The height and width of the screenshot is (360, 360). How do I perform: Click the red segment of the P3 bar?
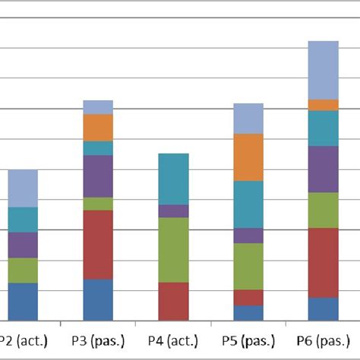tap(97, 245)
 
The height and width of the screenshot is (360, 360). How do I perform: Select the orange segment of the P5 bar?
tap(248, 157)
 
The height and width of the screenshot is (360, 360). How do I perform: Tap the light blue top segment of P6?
tap(323, 70)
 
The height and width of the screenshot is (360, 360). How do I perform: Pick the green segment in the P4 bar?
tap(172, 250)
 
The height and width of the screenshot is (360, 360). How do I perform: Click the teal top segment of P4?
tap(172, 178)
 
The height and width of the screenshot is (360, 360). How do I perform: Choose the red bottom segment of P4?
tap(172, 301)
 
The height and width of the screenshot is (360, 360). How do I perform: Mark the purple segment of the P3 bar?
tap(97, 176)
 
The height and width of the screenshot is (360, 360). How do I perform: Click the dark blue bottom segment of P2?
tap(23, 302)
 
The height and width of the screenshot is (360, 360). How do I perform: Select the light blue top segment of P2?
tap(23, 188)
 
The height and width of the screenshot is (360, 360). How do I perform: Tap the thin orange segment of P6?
tap(323, 105)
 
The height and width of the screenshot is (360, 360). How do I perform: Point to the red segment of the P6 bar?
tap(323, 262)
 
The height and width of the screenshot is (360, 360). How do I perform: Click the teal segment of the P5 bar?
tap(248, 204)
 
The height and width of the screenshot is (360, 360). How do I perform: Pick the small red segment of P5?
tap(248, 297)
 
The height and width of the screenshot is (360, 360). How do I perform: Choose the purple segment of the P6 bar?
tap(323, 169)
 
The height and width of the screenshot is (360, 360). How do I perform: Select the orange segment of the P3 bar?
tap(97, 127)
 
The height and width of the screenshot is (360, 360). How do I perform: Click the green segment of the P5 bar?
tap(248, 266)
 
